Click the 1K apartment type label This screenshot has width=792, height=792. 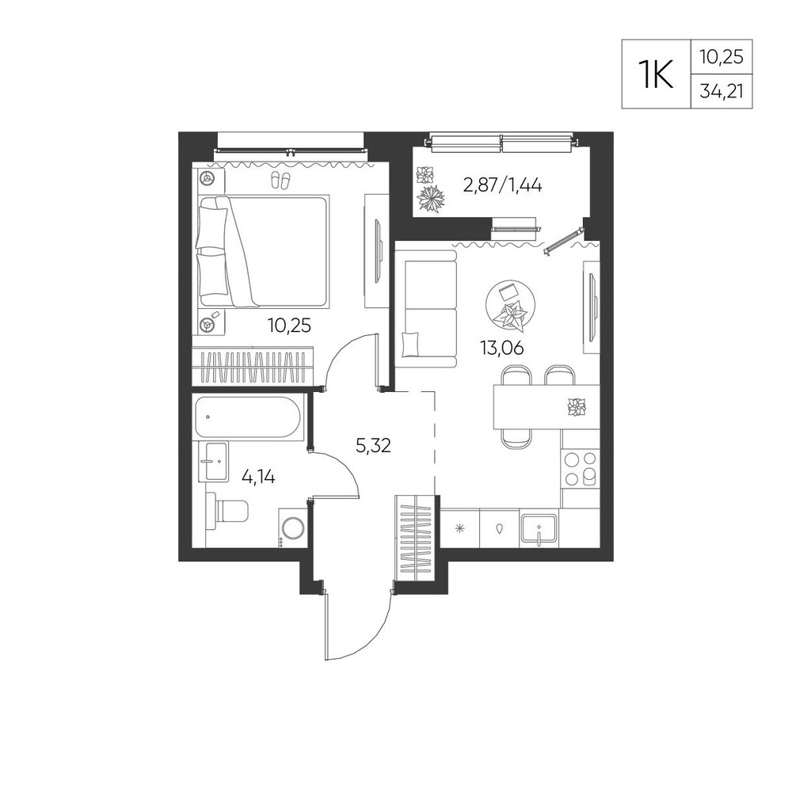657,74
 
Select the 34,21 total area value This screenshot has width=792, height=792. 722,91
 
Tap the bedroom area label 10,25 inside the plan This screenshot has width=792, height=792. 289,326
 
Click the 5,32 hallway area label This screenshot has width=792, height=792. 373,445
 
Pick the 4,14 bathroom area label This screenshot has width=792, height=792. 258,476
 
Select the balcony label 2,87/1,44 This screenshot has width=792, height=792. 503,186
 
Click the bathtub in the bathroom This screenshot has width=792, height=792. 247,417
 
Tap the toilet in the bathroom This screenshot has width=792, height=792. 227,511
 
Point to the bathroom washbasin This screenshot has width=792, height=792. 211,460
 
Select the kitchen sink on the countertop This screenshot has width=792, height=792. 539,530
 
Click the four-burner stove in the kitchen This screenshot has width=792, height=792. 580,469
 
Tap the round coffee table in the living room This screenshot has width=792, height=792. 508,307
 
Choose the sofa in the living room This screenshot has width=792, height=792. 426,309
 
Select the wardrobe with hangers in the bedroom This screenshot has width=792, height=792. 253,366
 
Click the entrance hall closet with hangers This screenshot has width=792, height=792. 417,539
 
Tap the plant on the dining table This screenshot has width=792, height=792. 577,408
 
